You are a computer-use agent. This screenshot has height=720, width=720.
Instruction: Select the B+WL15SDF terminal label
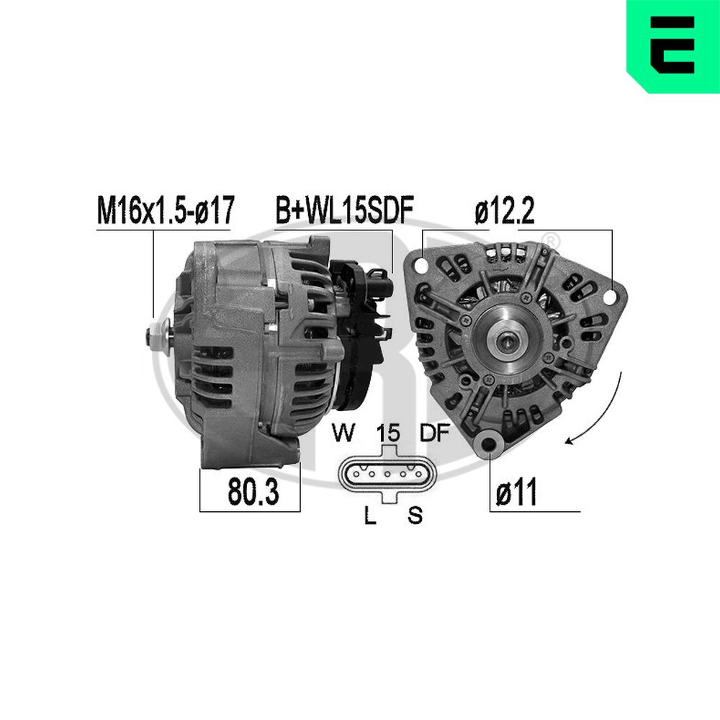[344, 210]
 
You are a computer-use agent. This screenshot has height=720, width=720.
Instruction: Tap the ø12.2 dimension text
[505, 211]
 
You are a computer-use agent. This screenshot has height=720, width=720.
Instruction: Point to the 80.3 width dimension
[253, 492]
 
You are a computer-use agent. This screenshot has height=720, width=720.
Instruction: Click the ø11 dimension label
[516, 492]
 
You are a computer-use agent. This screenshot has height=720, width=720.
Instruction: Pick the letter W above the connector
[343, 433]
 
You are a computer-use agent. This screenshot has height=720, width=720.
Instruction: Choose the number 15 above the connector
[388, 433]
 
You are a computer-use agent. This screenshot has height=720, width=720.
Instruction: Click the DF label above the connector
[435, 433]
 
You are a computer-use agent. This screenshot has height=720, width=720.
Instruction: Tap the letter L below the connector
[370, 516]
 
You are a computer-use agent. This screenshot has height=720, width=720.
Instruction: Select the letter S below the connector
[415, 516]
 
